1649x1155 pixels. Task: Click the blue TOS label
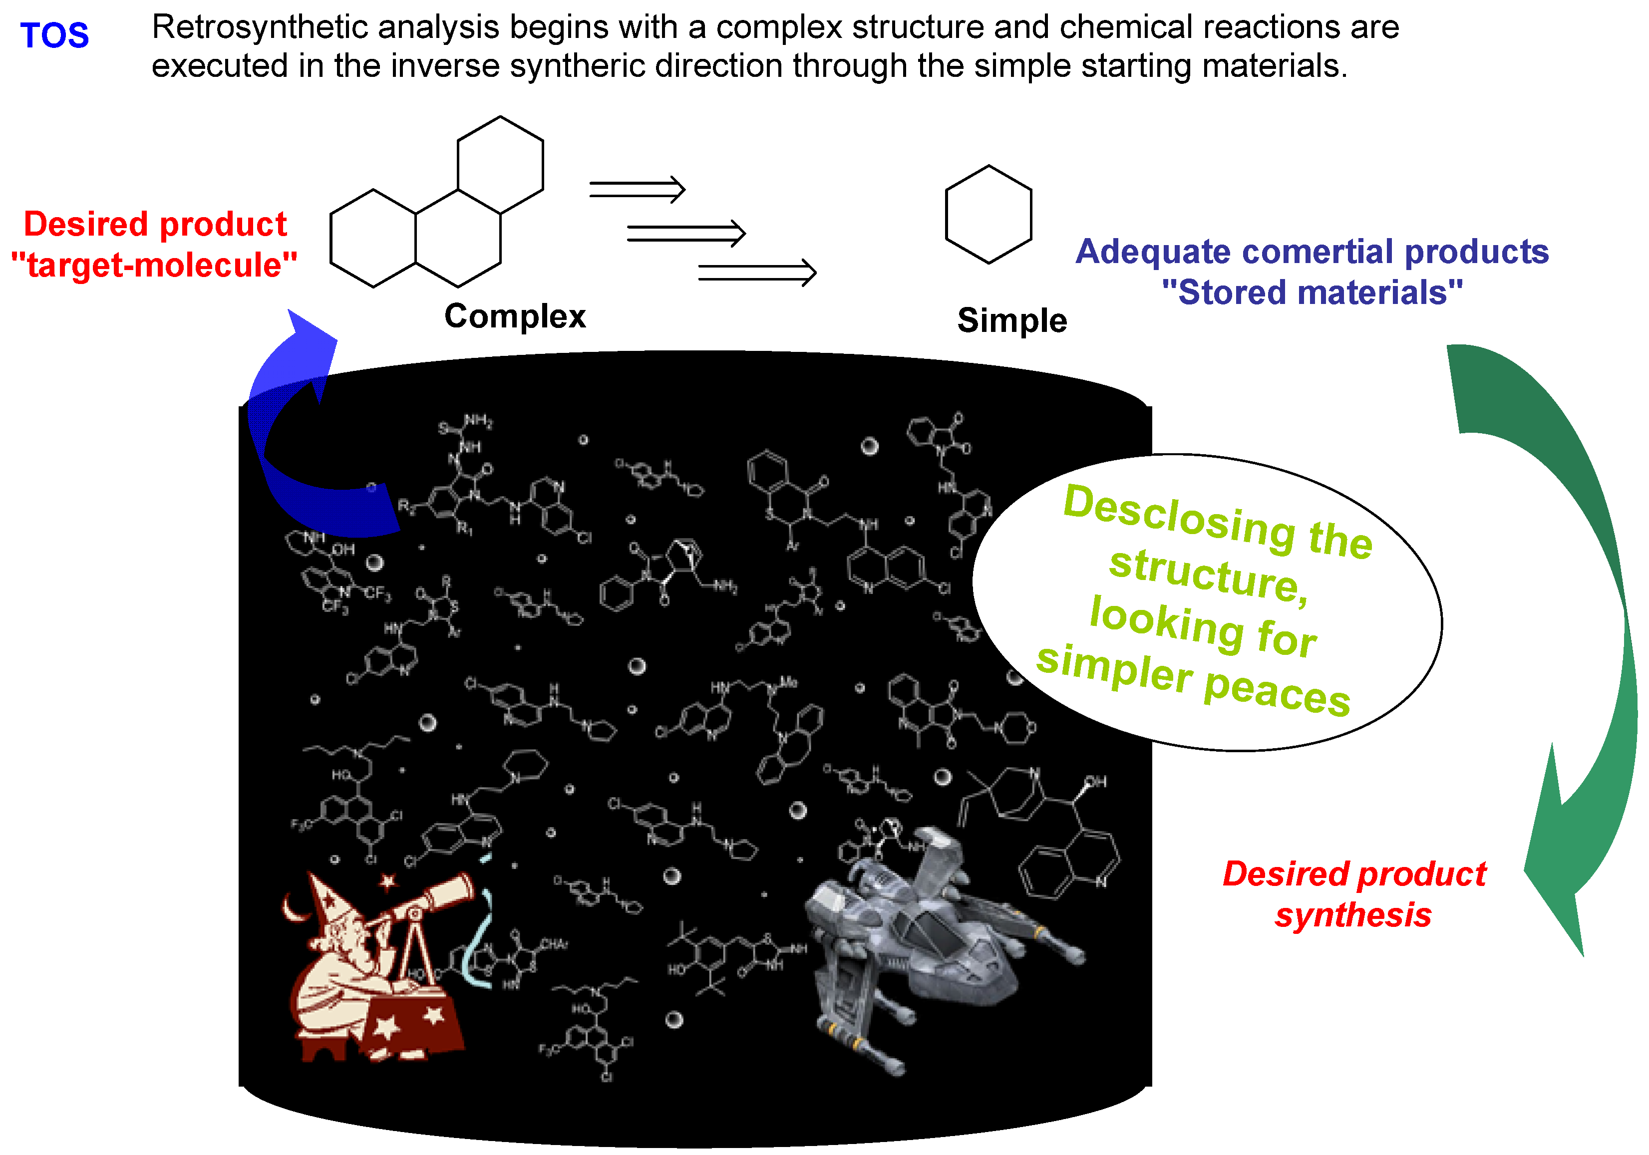coord(54,35)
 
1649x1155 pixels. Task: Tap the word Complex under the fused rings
coord(514,316)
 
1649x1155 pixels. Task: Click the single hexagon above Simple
coord(988,214)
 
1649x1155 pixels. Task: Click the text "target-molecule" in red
coord(154,265)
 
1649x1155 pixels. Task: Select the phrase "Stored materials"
coord(1312,292)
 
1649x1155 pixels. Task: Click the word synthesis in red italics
coord(1352,915)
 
